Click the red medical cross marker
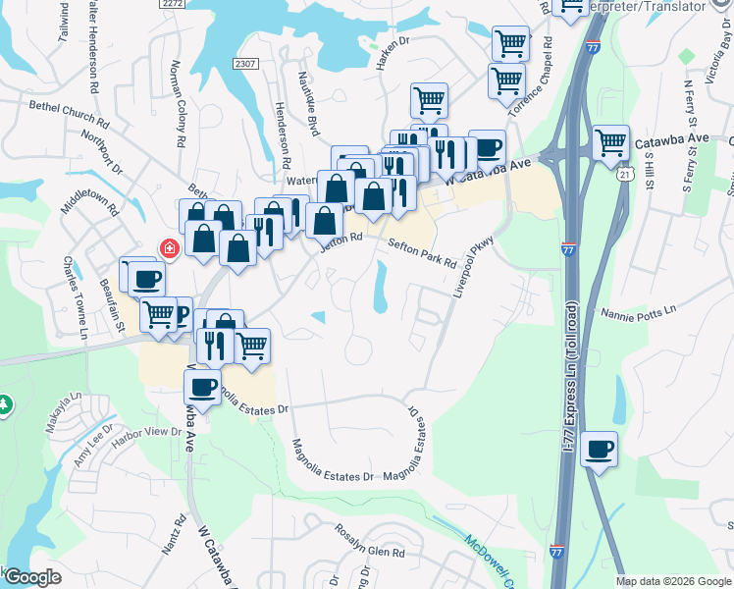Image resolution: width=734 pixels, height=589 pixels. (x=170, y=248)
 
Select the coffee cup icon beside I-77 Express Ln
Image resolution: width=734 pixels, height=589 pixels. (x=600, y=451)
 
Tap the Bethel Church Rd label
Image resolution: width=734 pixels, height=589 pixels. (x=69, y=114)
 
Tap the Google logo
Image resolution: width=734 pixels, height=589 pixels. (x=32, y=577)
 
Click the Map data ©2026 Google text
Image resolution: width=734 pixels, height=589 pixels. (x=673, y=581)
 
